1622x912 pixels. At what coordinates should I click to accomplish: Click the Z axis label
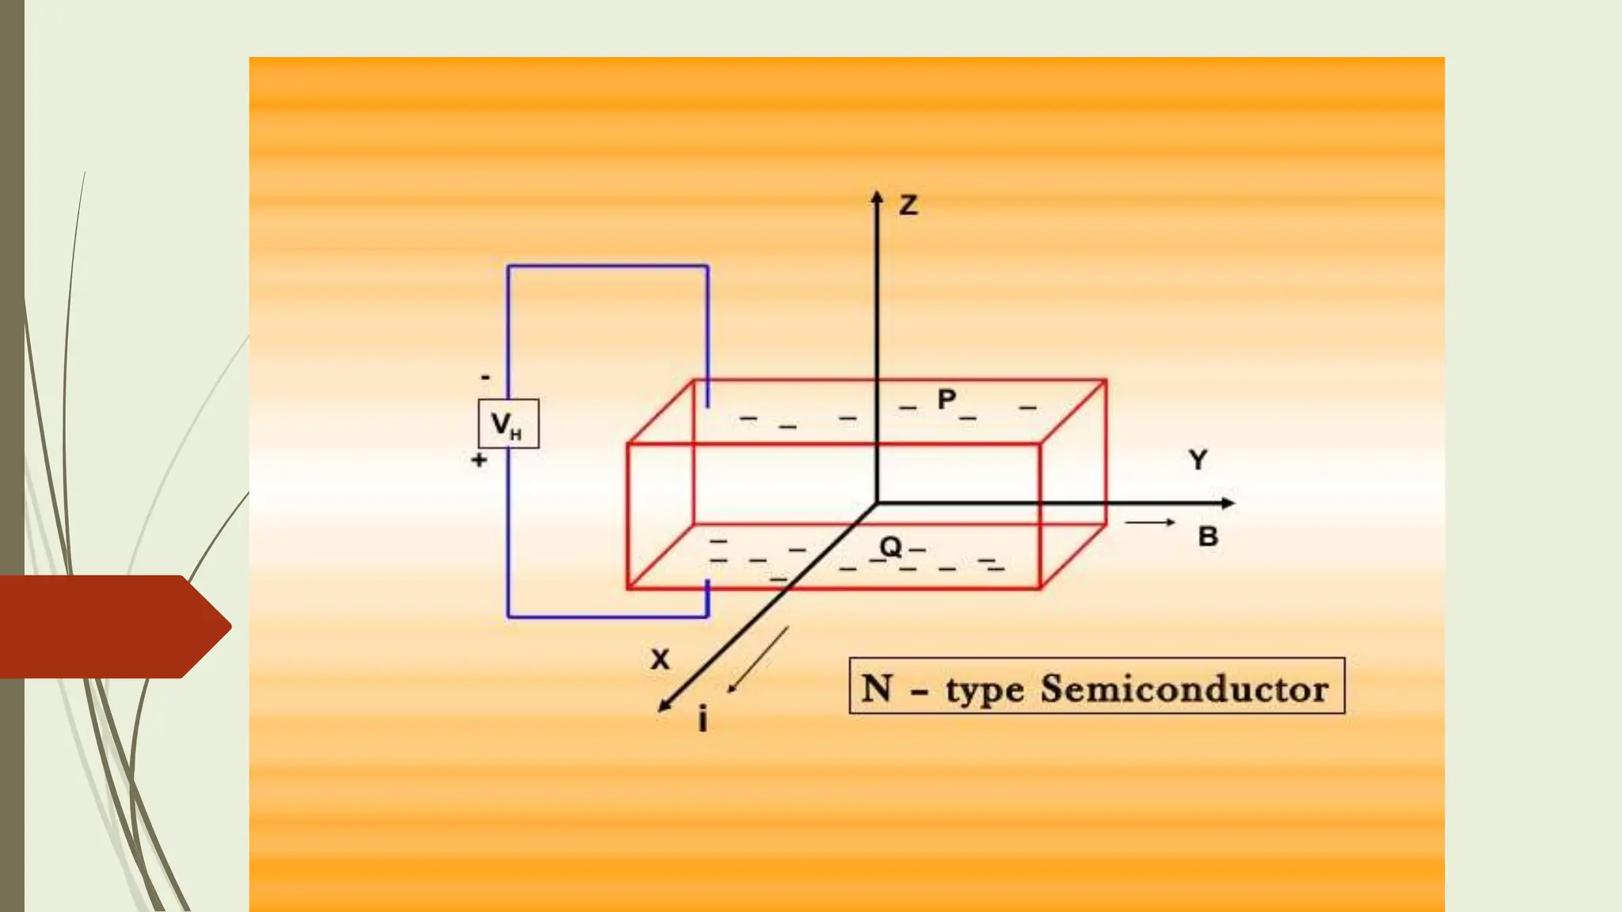coord(908,206)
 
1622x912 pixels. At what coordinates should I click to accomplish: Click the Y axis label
coord(1198,460)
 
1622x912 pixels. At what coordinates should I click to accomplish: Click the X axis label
coord(660,659)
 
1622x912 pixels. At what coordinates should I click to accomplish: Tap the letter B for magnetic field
coord(1208,537)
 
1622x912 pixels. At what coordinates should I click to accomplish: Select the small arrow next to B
coord(1150,522)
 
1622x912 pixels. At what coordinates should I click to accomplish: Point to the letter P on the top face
coord(946,399)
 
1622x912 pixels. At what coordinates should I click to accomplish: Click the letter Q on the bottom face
coord(890,546)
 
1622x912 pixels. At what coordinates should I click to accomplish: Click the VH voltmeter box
coord(508,424)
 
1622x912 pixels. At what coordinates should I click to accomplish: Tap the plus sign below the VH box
coord(479,460)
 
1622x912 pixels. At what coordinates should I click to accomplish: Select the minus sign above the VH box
coord(485,378)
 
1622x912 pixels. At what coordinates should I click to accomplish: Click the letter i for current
coord(702,720)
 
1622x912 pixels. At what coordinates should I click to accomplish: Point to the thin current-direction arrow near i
coord(758,659)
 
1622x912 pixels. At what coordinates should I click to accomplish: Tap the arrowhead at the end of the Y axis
coord(1228,503)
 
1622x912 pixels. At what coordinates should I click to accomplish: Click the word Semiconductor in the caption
coord(1184,689)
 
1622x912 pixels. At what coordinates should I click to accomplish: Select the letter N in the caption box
coord(878,687)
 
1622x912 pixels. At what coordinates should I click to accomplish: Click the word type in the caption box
coord(984,690)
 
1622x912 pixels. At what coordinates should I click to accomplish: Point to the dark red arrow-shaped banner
coord(111,626)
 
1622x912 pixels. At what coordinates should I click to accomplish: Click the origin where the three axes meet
coord(877,503)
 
